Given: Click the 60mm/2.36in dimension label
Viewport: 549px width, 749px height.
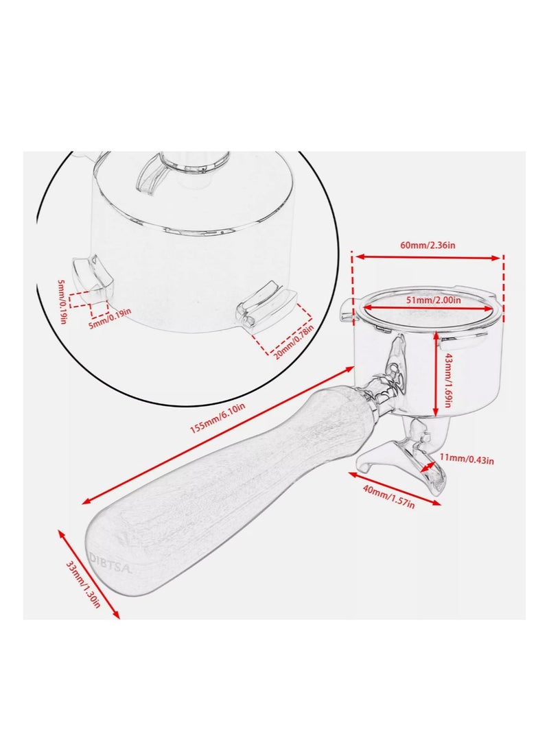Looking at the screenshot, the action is pyautogui.click(x=428, y=246).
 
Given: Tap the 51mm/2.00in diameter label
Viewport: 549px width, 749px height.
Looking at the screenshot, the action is pyautogui.click(x=433, y=300).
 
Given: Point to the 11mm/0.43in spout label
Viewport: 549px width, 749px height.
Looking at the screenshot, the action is pyautogui.click(x=467, y=460).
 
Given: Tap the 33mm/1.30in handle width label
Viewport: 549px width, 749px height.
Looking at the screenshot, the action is pyautogui.click(x=83, y=584).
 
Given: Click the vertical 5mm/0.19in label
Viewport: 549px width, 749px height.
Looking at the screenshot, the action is pyautogui.click(x=61, y=302).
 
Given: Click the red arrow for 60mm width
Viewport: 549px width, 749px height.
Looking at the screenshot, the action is pyautogui.click(x=428, y=257).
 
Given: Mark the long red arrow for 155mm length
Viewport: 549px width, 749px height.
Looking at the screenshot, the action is pyautogui.click(x=218, y=435).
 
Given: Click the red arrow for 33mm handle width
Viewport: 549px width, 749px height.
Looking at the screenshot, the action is pyautogui.click(x=89, y=573).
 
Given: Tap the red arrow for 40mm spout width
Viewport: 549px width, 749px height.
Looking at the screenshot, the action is pyautogui.click(x=395, y=488).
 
